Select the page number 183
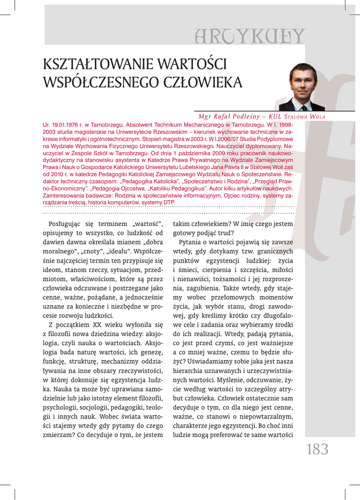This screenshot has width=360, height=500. [318, 449]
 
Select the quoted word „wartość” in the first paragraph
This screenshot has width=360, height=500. [147, 224]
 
